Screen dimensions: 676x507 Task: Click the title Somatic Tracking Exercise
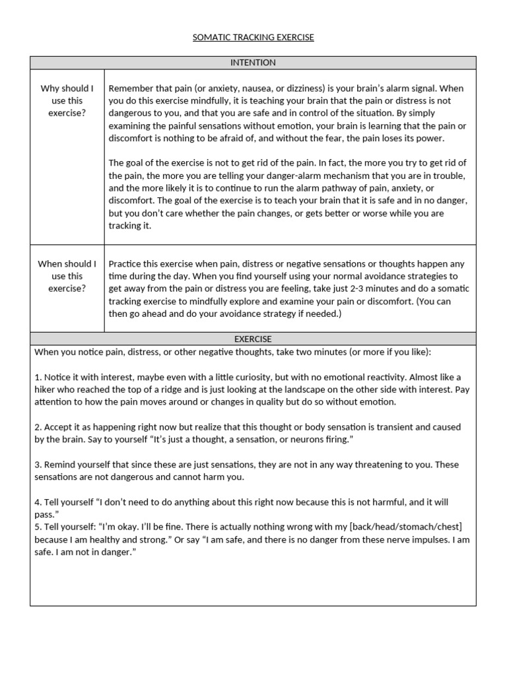253,38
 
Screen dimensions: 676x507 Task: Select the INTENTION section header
253,63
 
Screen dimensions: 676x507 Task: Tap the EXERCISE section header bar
253,339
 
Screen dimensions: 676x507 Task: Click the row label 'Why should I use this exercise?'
67,100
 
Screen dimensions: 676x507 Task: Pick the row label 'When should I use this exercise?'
67,276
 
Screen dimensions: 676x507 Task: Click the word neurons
290,440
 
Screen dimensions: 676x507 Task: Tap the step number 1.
37,377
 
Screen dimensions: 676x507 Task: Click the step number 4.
37,502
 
